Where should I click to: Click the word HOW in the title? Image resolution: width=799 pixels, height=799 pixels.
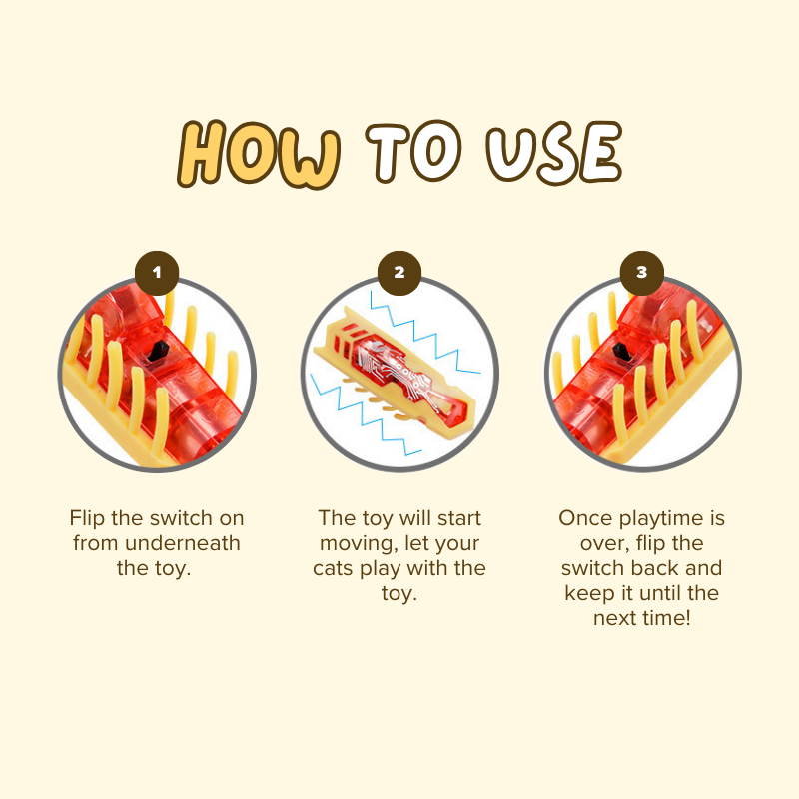[x=259, y=155]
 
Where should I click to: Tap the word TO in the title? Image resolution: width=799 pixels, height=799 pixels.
[x=413, y=152]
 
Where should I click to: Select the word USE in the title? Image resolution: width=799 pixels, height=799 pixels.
[x=554, y=153]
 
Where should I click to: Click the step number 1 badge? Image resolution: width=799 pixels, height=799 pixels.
[x=157, y=273]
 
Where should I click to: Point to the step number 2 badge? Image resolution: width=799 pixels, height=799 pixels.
[x=399, y=273]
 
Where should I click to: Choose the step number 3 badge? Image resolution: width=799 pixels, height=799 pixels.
[x=642, y=273]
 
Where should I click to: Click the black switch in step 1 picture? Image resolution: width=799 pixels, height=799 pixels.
[x=158, y=351]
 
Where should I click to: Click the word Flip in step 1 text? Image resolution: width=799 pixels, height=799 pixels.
[x=88, y=518]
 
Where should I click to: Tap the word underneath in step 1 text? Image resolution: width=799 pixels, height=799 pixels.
[x=183, y=543]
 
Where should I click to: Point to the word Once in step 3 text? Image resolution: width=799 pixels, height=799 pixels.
[x=585, y=518]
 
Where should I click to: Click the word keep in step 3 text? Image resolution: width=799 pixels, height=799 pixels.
[x=586, y=594]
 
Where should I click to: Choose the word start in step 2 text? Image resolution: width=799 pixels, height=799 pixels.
[x=459, y=518]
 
